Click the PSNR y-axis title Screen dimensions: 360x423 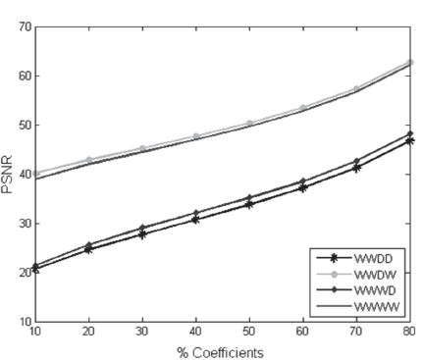pyautogui.click(x=9, y=176)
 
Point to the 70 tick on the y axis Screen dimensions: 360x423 pyautogui.click(x=23, y=26)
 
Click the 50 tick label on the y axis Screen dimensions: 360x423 pyautogui.click(x=23, y=125)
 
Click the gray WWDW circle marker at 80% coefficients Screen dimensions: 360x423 pyautogui.click(x=408, y=62)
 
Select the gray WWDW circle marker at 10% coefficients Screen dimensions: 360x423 pyautogui.click(x=36, y=174)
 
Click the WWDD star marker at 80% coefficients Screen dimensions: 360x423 pyautogui.click(x=408, y=140)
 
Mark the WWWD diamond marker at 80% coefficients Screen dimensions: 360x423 pyautogui.click(x=408, y=133)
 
